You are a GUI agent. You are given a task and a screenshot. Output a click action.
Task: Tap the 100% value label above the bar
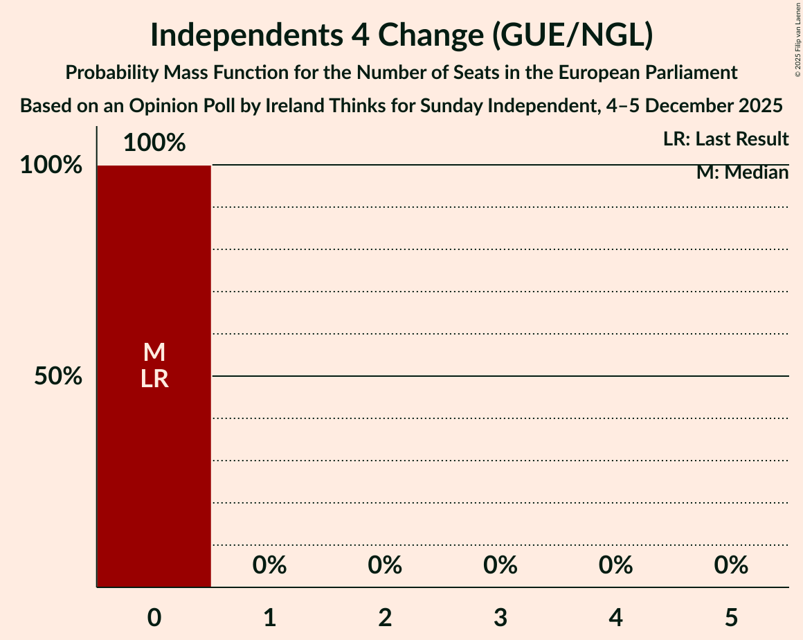(154, 143)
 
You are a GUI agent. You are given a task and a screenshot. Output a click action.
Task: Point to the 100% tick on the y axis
(51, 166)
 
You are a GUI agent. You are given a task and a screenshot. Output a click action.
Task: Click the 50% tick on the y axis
(59, 376)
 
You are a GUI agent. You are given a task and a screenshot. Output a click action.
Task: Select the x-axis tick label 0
(154, 617)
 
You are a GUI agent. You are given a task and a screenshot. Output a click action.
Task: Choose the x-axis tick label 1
(270, 617)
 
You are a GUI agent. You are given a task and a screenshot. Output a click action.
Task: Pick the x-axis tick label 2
(385, 617)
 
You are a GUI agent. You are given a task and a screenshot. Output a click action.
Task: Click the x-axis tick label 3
(500, 617)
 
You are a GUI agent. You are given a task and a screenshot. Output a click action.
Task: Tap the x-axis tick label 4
(616, 617)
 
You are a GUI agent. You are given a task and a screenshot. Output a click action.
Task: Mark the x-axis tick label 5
(731, 617)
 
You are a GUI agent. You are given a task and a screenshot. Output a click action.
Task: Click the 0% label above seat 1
(270, 566)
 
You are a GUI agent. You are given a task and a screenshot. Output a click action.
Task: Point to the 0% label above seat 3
(500, 566)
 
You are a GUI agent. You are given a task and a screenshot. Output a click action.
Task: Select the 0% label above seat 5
(731, 566)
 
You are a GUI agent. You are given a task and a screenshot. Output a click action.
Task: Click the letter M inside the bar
(154, 353)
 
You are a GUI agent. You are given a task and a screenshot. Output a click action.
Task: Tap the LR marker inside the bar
(154, 379)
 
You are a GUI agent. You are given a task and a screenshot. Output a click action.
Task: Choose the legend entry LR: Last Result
(725, 139)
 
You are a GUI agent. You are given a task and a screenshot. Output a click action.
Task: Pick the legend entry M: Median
(742, 172)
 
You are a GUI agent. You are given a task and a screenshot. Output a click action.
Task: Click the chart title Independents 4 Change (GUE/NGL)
(401, 36)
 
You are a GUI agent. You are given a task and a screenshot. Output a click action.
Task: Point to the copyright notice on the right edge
(797, 39)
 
